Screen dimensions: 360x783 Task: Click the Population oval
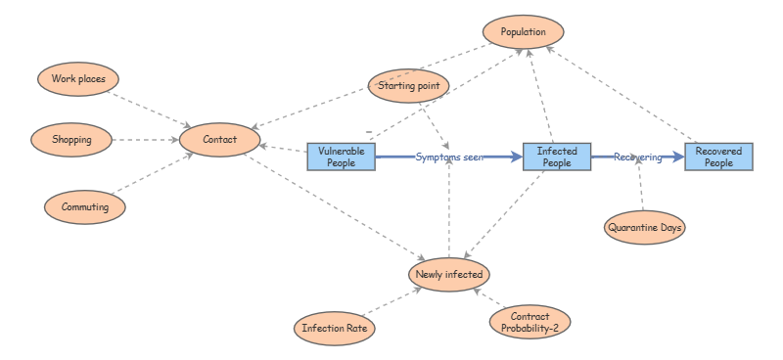(523, 32)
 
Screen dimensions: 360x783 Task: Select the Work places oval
(78, 78)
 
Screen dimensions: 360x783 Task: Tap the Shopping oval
(71, 140)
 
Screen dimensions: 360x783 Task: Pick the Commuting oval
(85, 207)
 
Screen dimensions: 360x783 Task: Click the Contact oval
(220, 140)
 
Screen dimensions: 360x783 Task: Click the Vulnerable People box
(342, 157)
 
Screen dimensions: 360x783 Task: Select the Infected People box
(557, 157)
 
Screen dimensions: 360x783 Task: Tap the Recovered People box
(718, 157)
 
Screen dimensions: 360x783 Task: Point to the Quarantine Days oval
(644, 228)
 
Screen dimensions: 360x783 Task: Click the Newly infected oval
(449, 274)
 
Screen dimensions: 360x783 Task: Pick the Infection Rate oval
(335, 329)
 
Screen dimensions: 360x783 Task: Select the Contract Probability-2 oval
(530, 322)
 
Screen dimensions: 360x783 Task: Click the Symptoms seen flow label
(448, 157)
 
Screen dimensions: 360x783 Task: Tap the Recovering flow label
(638, 157)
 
